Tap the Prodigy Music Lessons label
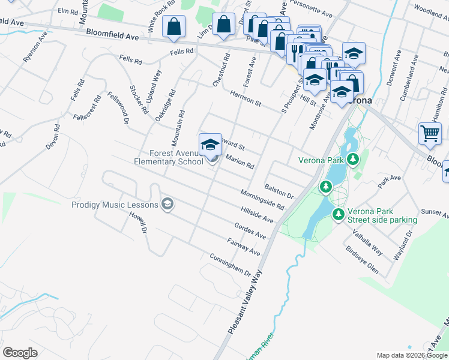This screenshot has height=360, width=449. pyautogui.click(x=115, y=205)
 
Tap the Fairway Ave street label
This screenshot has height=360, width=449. pyautogui.click(x=244, y=247)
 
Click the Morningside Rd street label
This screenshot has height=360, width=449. pyautogui.click(x=262, y=199)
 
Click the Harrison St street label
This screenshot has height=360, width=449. pyautogui.click(x=246, y=98)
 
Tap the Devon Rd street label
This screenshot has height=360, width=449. pyautogui.click(x=53, y=137)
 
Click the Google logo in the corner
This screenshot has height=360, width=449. pyautogui.click(x=20, y=352)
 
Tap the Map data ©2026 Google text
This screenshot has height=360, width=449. pyautogui.click(x=412, y=355)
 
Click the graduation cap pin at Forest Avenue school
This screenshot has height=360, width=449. pyautogui.click(x=210, y=145)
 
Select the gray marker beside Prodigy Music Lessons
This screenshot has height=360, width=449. pyautogui.click(x=167, y=205)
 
